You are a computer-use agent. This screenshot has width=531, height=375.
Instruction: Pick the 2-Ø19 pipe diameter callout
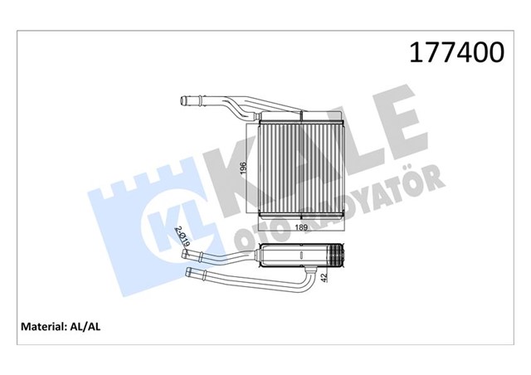click(x=180, y=236)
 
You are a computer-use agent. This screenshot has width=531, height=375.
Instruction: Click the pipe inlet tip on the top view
click(x=184, y=102)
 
